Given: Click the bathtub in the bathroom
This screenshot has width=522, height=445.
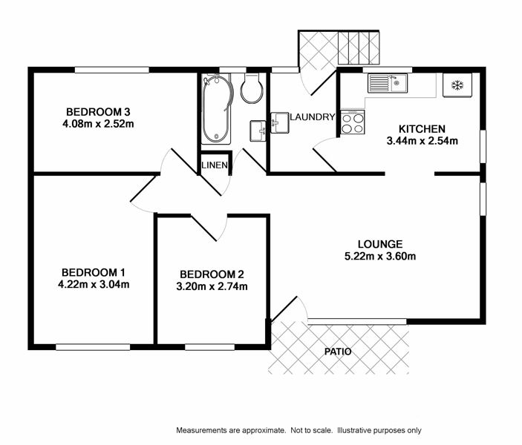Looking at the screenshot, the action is click(216, 109).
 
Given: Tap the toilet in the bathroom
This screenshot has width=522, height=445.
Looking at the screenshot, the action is click(252, 88).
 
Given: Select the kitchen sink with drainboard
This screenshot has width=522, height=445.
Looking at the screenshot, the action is click(387, 83).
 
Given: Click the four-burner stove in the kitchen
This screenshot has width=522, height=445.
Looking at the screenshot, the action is click(353, 122).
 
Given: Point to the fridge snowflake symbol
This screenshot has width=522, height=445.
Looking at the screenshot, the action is click(457, 85).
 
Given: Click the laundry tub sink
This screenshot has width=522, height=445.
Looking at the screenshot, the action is click(280, 122).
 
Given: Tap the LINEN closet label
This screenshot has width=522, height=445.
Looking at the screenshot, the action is click(215, 165).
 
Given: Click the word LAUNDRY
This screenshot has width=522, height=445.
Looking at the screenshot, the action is click(313, 117).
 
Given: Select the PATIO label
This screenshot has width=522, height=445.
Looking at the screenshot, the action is click(338, 352).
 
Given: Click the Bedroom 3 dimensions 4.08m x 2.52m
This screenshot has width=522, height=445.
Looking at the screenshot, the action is click(98, 124).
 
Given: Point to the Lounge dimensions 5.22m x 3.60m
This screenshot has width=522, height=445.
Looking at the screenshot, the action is click(380, 257).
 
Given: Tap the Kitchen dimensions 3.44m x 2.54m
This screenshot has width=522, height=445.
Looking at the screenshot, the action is click(422, 141).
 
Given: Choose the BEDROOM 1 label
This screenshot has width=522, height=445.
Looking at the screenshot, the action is click(94, 273).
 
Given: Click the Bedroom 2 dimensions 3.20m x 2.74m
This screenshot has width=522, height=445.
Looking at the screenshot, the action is click(212, 286).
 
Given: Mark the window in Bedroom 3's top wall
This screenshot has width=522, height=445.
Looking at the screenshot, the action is click(112, 70).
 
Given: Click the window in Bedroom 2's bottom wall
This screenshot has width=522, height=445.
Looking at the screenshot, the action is click(209, 347).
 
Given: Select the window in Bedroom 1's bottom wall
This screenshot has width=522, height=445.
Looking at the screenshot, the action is click(93, 347).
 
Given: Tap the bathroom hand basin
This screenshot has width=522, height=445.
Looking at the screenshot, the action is click(258, 131).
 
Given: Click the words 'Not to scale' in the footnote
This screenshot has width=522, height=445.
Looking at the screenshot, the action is click(311, 430).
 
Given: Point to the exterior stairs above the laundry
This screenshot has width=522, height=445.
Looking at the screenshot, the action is click(359, 47).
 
